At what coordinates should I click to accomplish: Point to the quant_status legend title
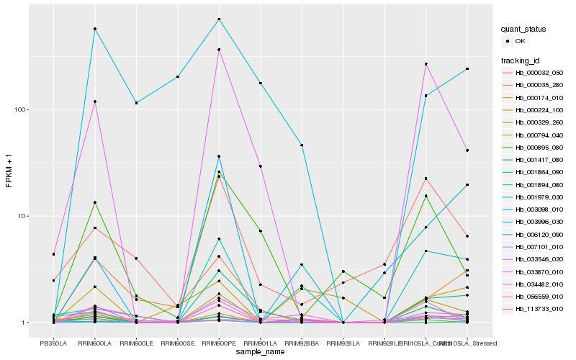[524, 30]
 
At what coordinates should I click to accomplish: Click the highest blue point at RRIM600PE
[219, 19]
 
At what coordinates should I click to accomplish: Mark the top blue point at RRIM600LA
[95, 29]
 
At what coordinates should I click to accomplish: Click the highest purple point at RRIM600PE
[219, 50]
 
